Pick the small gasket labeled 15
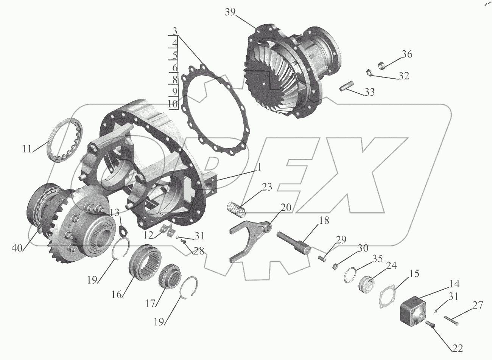pos(388,296)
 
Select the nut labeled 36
pos(381,65)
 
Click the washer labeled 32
pos(369,73)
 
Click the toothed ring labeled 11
pos(65,140)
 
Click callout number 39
pos(230,12)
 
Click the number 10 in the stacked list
pos(173,103)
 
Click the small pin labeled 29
pos(322,258)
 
